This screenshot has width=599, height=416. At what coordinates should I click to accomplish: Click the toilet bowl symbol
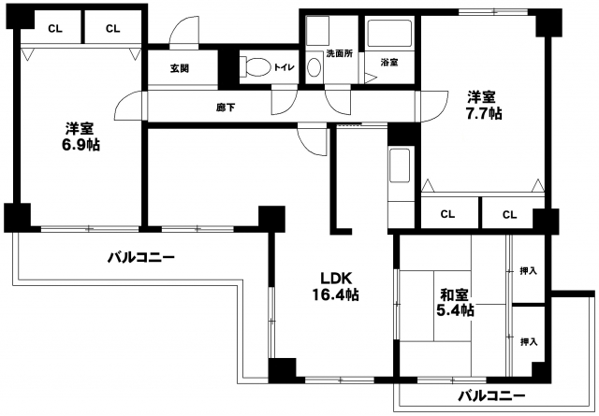255,67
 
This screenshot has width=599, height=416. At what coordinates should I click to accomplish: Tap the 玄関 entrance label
180,68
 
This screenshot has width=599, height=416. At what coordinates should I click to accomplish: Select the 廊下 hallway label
226,108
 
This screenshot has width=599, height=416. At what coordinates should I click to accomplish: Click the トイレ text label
284,67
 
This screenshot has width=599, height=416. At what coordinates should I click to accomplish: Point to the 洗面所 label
339,53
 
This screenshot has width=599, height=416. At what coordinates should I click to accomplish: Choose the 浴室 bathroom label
389,63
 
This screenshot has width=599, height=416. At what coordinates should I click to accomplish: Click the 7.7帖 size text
483,113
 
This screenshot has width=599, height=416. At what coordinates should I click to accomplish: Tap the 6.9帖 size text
81,145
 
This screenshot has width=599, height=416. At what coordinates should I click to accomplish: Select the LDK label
335,279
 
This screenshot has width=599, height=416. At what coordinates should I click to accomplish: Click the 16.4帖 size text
335,294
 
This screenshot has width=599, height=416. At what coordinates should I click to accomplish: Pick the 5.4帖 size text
455,310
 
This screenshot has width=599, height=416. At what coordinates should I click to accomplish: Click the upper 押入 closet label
529,271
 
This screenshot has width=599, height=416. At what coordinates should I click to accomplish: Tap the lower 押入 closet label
529,341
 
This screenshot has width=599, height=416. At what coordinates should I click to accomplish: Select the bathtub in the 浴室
389,34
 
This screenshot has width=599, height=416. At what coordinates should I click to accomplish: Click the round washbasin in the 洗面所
314,67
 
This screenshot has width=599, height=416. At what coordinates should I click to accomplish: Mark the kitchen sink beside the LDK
400,165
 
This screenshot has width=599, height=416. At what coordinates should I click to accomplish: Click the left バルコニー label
140,258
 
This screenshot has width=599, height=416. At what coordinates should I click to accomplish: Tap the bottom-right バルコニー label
491,395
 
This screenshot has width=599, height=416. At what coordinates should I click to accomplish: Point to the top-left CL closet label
55,29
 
